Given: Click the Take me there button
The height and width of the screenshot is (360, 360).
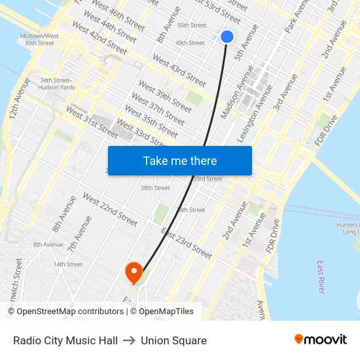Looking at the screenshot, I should click(179, 160).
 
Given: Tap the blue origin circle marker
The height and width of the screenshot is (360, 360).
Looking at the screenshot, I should click(227, 37).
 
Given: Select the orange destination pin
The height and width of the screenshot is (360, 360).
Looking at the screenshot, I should click(134, 272).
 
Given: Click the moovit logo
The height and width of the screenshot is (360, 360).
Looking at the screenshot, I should click(321, 340).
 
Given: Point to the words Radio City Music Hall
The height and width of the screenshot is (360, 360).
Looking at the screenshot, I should click(65, 340).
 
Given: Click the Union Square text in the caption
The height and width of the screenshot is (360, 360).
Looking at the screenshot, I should click(173, 340).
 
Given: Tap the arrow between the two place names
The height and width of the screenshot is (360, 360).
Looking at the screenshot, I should click(129, 340).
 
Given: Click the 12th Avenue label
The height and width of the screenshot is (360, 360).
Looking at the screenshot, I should click(18, 98).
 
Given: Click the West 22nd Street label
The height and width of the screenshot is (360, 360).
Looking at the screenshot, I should click(110, 209).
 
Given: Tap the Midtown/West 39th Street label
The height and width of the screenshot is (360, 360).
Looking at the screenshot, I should click(39, 39).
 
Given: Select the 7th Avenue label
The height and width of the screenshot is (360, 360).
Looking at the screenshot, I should click(79, 236).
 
